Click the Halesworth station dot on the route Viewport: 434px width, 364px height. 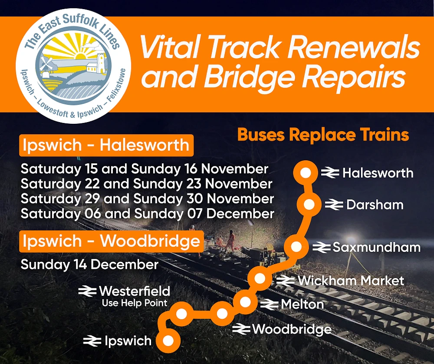pos(306,173)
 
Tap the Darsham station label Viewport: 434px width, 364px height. pos(375,205)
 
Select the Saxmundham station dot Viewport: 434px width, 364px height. pos(296,247)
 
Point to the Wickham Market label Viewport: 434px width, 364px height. pos(351,281)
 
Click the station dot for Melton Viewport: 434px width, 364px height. pos(245,302)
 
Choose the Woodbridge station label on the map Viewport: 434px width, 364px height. pos(292,329)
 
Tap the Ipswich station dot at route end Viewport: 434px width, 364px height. pos(168,341)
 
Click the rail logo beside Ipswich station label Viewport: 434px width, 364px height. pos(92,341)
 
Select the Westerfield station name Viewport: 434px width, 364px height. pos(134,291)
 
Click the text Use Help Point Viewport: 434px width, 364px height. pos(135,303)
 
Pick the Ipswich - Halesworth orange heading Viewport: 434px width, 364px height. pos(106,145)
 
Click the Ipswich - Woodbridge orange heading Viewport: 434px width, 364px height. pos(111,241)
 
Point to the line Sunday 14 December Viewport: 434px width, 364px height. pos(89,264)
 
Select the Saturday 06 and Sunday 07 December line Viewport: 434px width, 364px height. pos(147,214)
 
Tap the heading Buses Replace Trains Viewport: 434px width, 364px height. pos(323,135)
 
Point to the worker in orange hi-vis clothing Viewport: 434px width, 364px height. pos(230,241)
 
